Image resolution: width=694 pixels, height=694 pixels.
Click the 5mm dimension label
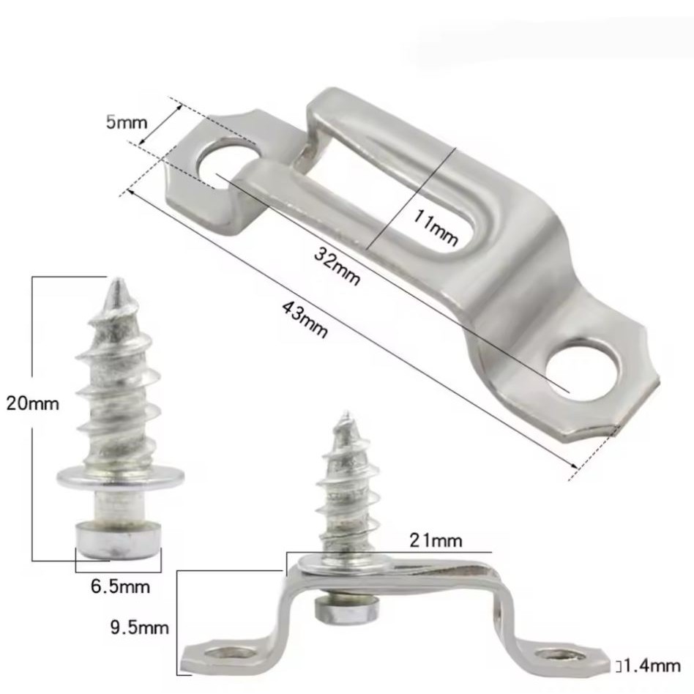click(126, 122)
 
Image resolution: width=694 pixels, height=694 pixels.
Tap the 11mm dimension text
click(435, 227)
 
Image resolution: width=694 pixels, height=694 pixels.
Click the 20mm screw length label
click(32, 403)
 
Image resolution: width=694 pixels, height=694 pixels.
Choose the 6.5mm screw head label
click(120, 586)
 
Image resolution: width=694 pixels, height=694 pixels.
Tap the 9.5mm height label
click(139, 627)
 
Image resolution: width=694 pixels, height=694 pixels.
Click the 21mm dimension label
click(436, 540)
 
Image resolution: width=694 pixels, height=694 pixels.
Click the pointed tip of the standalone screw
click(118, 280)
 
